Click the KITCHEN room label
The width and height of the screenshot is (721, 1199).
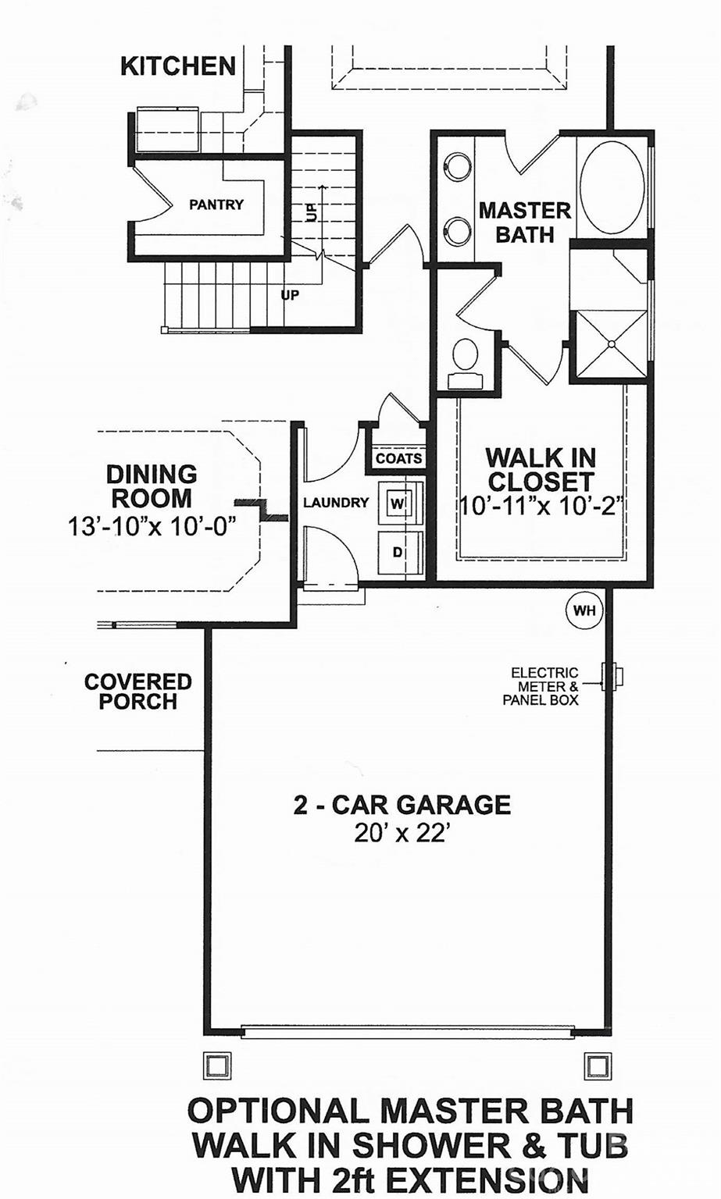(x=178, y=66)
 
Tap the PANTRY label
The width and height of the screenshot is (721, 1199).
(x=216, y=205)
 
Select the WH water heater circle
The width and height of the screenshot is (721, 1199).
(x=584, y=610)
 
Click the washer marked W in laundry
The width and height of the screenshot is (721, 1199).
(x=398, y=503)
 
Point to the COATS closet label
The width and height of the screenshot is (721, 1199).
(x=398, y=458)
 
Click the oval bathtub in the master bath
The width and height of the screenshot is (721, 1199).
(x=612, y=186)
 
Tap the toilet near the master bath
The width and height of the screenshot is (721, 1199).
(x=466, y=358)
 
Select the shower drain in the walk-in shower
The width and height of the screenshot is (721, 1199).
(x=612, y=343)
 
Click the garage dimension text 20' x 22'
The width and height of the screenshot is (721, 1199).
(x=402, y=834)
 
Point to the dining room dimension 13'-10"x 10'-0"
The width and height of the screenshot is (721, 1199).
(x=152, y=525)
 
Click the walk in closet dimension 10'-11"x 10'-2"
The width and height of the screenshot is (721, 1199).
(x=541, y=506)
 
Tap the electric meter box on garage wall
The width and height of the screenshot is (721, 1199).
(x=612, y=677)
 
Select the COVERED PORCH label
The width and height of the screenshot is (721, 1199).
(x=138, y=692)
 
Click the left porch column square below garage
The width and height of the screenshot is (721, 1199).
(x=217, y=1065)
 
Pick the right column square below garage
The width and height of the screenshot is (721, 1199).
(x=598, y=1065)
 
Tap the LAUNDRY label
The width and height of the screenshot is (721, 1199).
(x=336, y=503)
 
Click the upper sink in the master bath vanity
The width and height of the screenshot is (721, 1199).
(x=457, y=166)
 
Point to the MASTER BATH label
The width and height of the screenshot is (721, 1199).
(x=524, y=222)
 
